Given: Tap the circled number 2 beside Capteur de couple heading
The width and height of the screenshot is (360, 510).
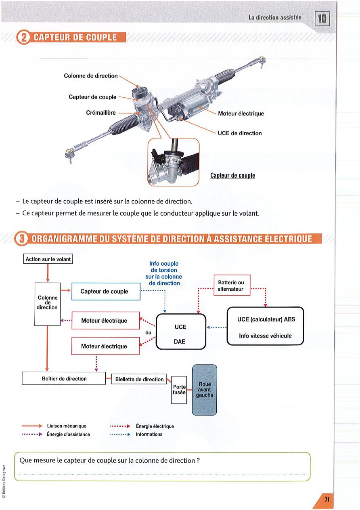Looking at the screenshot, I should (x=23, y=38).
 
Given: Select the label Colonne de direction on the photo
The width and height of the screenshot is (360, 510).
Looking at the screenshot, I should (x=91, y=76).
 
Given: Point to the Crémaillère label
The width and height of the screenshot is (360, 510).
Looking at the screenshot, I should (x=101, y=113).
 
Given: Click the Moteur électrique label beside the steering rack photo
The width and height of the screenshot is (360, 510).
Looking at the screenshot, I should (x=241, y=113).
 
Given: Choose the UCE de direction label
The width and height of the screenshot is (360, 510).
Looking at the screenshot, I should (x=240, y=133).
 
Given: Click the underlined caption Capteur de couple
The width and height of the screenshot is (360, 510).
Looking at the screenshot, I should (x=232, y=176).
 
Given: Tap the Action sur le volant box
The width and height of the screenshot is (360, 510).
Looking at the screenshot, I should (x=48, y=259).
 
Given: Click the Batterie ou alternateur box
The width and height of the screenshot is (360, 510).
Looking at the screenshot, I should (x=231, y=286).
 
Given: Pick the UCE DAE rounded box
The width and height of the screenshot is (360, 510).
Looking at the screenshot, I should (x=180, y=331).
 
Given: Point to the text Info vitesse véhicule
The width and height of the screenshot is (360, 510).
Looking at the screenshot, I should (x=265, y=336).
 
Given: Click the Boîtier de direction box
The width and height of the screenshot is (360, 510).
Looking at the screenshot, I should (x=64, y=379).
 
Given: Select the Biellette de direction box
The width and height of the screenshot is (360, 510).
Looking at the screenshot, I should (x=139, y=380).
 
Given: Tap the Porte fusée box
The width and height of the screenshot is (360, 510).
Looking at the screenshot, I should (x=179, y=389).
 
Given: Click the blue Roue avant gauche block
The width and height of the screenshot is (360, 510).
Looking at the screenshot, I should (x=204, y=389).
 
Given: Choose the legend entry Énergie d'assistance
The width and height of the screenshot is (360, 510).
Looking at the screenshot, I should (x=68, y=434).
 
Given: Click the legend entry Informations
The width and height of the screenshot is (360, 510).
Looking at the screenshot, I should (x=149, y=434).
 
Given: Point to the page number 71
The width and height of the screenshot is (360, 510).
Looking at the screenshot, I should (x=327, y=500).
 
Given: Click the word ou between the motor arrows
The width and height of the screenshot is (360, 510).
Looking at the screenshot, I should (x=148, y=332).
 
